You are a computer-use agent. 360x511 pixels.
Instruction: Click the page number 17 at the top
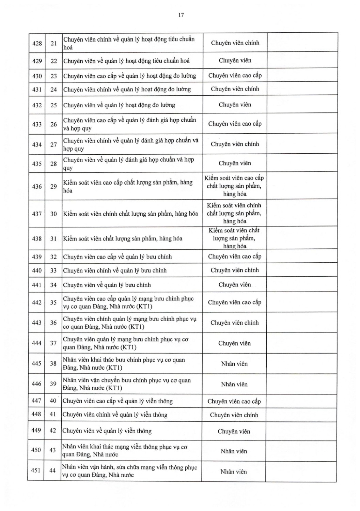point(181,15)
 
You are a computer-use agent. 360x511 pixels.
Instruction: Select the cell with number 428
point(37,43)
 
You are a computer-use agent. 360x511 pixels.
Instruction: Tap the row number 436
point(37,186)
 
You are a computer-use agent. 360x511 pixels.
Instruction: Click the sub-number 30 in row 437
point(53,214)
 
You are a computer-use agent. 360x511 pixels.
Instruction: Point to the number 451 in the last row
point(36,470)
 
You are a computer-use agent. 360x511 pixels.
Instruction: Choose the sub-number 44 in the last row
point(52,470)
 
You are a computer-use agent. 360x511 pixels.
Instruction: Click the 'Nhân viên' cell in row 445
point(234,364)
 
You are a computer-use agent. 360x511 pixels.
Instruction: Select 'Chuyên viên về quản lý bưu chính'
point(107,285)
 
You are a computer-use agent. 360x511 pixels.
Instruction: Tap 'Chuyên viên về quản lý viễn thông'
point(107,431)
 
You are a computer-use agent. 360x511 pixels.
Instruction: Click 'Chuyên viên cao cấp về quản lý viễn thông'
point(118,401)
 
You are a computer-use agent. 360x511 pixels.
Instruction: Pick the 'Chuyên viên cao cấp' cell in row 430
point(235,75)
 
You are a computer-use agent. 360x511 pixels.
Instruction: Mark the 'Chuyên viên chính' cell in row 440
point(235,270)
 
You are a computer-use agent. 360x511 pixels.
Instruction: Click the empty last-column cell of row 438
point(302,238)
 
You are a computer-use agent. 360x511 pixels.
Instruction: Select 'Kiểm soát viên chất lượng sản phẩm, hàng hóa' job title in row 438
point(123,238)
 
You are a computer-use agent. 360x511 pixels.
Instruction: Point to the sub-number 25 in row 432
point(53,105)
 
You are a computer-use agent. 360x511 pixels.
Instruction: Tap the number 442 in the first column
point(36,303)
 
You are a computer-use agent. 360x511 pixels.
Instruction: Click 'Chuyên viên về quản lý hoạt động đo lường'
point(119,105)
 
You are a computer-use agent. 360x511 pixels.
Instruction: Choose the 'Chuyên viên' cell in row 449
point(234,431)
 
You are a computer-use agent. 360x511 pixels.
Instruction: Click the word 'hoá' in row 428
point(68,48)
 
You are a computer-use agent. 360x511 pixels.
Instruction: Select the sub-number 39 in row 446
point(53,384)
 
